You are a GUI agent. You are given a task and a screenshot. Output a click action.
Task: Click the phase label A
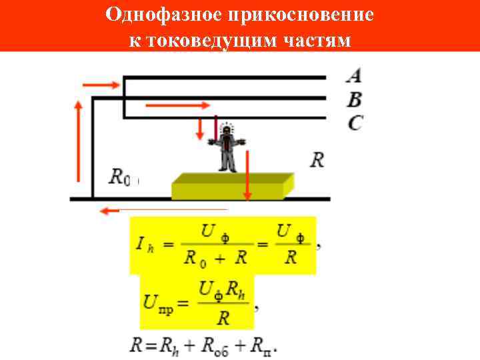pyautogui.click(x=354, y=76)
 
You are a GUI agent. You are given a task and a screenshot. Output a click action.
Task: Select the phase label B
pyautogui.click(x=354, y=99)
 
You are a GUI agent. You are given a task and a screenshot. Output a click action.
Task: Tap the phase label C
pyautogui.click(x=355, y=123)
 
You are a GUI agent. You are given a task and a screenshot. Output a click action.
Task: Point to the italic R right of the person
pyautogui.click(x=318, y=160)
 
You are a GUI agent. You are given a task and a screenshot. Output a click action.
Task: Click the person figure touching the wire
pyautogui.click(x=227, y=148)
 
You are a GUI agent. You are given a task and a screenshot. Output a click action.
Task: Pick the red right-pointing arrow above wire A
pyautogui.click(x=101, y=85)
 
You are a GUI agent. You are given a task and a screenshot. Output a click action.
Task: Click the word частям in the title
pyautogui.click(x=318, y=40)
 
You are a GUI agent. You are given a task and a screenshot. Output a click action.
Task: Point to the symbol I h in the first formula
pyautogui.click(x=145, y=245)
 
